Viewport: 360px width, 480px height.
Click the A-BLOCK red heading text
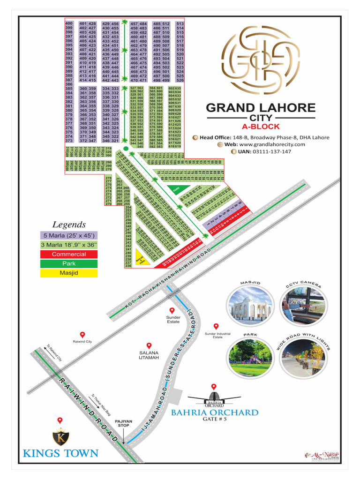pos(261,127)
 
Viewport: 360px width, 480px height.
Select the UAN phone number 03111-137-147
pos(264,152)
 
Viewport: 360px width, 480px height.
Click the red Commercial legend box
pos(69,254)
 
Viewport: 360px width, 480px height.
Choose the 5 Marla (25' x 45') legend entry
pos(69,235)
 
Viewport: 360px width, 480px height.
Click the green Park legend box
pos(69,263)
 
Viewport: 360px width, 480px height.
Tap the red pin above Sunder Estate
pos(172,310)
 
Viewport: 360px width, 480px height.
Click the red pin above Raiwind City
pos(82,334)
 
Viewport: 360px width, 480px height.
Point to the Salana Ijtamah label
pos(149,355)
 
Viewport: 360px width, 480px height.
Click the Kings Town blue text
pos(60,453)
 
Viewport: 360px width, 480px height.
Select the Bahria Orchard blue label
pos(214,412)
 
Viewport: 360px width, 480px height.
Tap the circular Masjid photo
pos(249,307)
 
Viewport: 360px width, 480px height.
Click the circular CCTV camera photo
pos(303,307)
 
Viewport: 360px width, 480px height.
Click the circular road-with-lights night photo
pos(303,357)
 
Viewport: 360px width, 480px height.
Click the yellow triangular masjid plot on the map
pos(142,260)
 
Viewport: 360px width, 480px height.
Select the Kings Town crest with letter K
pos(60,437)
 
